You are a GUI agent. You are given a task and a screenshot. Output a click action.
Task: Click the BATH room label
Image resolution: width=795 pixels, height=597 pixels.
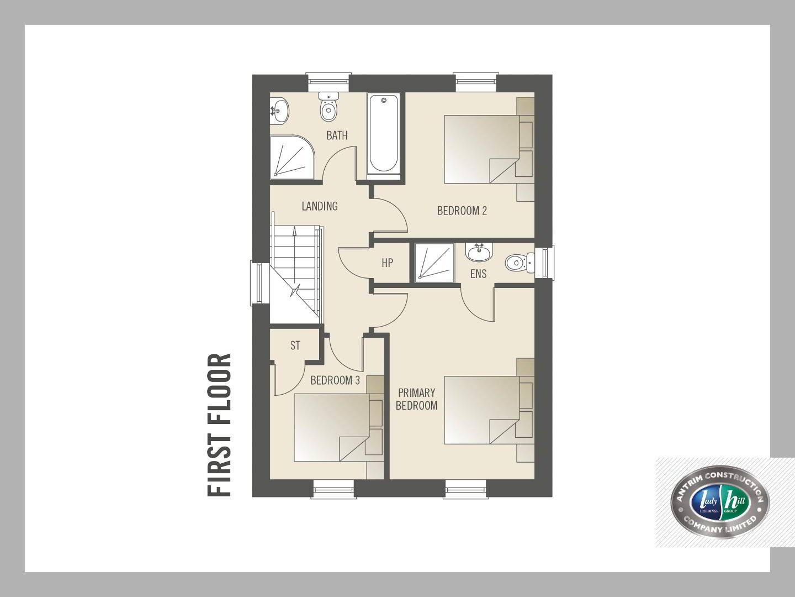[x=337, y=135]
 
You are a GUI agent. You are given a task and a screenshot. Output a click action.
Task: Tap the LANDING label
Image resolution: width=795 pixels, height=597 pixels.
[x=320, y=206]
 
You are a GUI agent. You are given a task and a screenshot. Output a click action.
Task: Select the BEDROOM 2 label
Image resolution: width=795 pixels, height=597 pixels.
[x=462, y=211]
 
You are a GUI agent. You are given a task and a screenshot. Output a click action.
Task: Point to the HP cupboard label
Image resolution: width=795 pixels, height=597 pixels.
[x=387, y=263]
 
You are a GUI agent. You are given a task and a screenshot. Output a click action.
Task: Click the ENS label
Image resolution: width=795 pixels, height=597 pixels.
[x=478, y=274]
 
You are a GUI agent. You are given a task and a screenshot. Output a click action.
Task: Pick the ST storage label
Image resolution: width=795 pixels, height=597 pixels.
[x=295, y=345]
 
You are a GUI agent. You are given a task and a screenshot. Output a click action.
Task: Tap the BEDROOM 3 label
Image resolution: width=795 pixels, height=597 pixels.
[x=335, y=380]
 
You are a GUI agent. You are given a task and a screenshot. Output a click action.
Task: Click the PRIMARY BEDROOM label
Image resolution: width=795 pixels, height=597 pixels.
[x=416, y=399]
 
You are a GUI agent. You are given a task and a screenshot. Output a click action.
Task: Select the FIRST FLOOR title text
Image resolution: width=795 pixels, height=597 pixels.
[x=219, y=425]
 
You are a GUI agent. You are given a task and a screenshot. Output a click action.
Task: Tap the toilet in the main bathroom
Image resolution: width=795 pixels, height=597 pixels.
[x=328, y=106]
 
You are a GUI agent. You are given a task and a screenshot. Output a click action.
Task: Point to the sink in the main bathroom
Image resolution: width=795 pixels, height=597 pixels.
[x=279, y=111]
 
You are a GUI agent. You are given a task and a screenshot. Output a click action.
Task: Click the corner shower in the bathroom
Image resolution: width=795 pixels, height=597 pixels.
[x=292, y=158]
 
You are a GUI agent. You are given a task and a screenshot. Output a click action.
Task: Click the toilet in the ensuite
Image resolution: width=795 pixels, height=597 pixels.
[x=520, y=263]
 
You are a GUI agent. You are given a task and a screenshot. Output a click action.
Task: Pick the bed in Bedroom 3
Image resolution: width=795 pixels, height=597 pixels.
[x=338, y=428]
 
